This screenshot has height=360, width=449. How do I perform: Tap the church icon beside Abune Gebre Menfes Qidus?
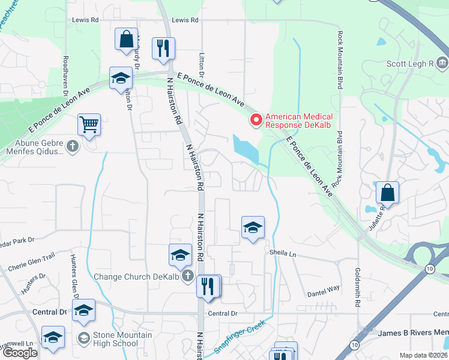pos(72,146)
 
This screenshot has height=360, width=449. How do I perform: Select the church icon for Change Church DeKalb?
pos(187,277)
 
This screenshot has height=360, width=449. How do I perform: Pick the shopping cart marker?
pos(89,125)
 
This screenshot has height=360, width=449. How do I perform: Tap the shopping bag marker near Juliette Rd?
pos(388,193)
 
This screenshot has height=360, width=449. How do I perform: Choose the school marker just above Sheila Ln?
pos(253,227)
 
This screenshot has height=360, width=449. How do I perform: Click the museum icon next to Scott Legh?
pos(442,63)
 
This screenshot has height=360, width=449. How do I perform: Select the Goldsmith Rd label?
pos(357,288)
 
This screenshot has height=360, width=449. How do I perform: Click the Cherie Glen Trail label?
pos(31,256)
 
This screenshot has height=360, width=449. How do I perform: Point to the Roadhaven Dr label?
pos(65,77)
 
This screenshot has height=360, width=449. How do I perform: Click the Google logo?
pos(19,353)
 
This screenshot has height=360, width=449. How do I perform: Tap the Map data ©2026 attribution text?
pos(423,355)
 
